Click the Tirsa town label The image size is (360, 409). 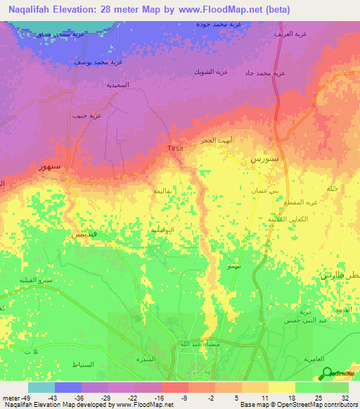(x=176, y=148)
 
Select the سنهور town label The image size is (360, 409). (x=48, y=168)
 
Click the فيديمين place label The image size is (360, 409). (x=84, y=234)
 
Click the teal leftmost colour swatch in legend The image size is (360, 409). (x=41, y=387)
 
